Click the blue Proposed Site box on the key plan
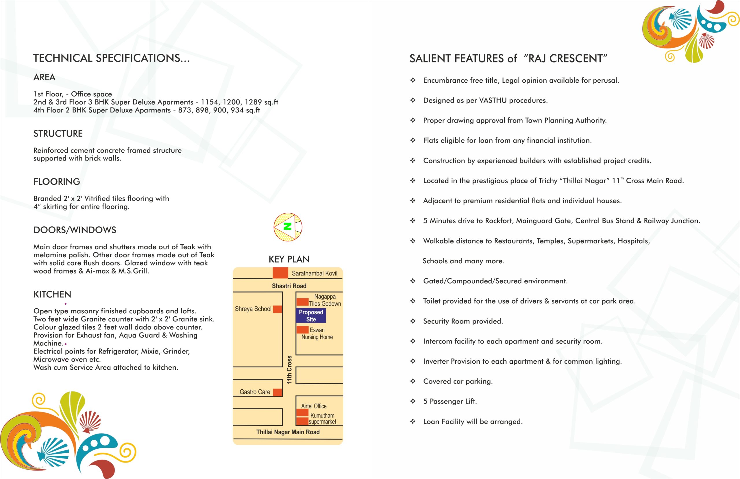[311, 315]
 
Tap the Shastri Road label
[289, 286]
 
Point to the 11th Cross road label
[289, 369]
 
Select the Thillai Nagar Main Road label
[288, 432]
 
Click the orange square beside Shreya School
[277, 309]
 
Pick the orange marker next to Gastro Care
[277, 392]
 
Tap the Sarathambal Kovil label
[314, 273]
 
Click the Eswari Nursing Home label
[317, 333]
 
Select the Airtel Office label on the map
[314, 406]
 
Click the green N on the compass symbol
[288, 226]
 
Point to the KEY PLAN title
[289, 259]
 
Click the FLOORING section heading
[57, 182]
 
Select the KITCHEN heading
[52, 294]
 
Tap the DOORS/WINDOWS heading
[75, 230]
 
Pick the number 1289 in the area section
[253, 102]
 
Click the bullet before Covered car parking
[412, 381]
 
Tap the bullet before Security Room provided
[412, 321]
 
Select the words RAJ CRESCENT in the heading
[565, 58]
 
